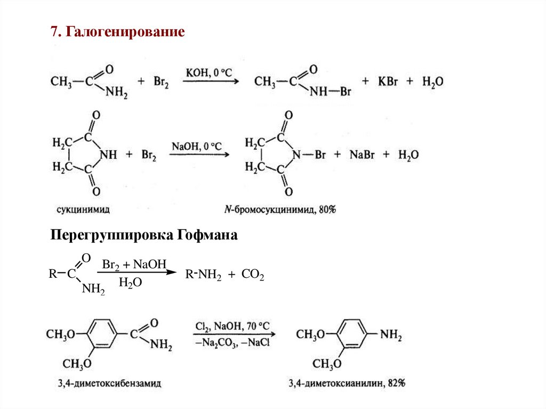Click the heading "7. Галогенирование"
(118, 32)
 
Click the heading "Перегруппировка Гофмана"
(143, 235)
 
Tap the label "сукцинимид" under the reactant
(83, 210)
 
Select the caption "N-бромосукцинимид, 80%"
(280, 210)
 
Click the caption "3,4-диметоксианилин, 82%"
(347, 383)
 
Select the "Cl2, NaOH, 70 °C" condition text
(232, 326)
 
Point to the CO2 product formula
(253, 276)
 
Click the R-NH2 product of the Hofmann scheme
(203, 276)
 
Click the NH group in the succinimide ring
(108, 155)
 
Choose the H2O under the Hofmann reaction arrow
(130, 283)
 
